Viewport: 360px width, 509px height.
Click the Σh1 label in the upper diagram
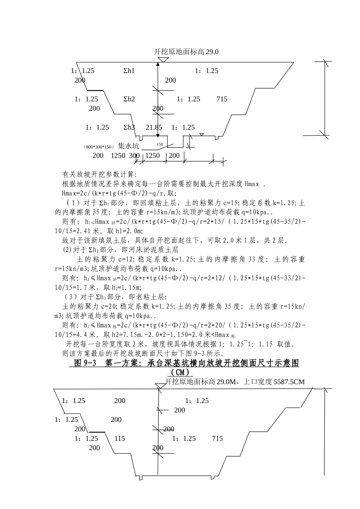(129, 71)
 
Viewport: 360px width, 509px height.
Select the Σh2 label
(129, 99)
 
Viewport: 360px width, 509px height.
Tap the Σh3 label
(129, 128)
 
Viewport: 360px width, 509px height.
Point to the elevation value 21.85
(154, 128)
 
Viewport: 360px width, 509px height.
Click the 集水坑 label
(128, 146)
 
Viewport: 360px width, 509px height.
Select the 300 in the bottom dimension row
(134, 156)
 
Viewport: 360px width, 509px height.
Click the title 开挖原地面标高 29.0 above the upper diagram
(186, 52)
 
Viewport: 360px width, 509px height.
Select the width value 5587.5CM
(289, 382)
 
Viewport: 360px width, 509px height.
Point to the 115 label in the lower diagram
(119, 439)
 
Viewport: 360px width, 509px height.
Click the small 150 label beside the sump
(160, 144)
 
